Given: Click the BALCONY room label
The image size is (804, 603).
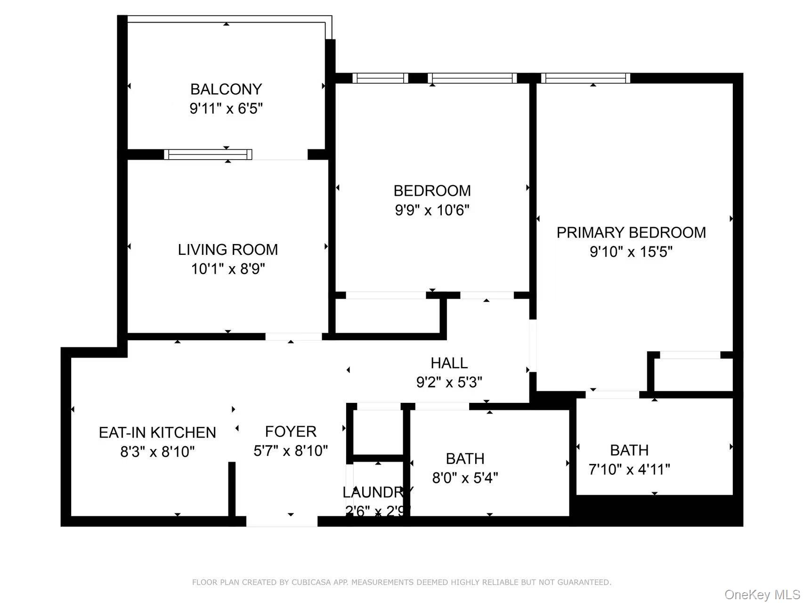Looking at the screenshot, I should (226, 89).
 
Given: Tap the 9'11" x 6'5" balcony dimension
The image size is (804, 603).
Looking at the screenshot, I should (226, 109).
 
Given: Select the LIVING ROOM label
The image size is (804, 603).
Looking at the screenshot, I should (228, 249).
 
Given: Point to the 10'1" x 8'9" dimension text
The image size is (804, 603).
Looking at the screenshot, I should (228, 269).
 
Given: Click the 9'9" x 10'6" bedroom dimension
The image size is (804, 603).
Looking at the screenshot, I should (432, 210).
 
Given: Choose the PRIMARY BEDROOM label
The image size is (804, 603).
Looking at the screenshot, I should (631, 232).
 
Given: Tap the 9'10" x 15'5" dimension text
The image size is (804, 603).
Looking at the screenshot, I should (631, 252).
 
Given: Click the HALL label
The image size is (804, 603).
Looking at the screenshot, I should (449, 363).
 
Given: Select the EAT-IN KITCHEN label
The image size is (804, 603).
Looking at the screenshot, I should (157, 432).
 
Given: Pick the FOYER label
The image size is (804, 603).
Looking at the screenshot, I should (291, 432).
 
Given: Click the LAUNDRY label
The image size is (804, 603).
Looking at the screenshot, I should (377, 492).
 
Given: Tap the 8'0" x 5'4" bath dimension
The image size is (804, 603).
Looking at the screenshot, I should (465, 478).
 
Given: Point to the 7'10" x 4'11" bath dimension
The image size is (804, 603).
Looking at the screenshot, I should (629, 470).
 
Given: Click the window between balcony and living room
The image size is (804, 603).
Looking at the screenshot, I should (208, 154).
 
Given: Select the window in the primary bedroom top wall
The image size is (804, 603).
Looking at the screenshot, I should (585, 78).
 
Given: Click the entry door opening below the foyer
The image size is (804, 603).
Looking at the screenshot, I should (282, 521).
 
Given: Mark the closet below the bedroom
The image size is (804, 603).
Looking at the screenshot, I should (387, 316).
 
